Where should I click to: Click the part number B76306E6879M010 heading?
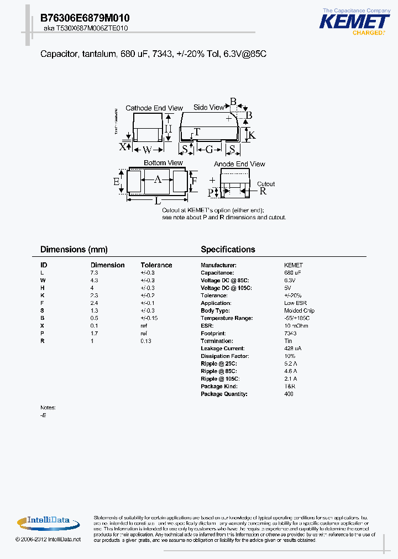85,18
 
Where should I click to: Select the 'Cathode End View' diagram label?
146,108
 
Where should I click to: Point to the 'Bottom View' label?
163,163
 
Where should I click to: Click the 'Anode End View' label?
239,164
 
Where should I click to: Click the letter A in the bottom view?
158,180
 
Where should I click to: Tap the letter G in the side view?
210,150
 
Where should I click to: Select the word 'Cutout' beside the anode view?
266,184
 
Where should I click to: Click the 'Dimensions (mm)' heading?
74,250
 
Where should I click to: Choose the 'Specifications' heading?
228,250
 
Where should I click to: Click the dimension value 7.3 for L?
94,273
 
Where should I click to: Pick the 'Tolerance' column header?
156,265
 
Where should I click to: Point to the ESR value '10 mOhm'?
295,326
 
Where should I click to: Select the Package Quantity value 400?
289,394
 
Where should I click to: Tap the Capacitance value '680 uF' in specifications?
293,273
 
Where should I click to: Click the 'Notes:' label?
48,408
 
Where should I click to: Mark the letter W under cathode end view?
147,150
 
